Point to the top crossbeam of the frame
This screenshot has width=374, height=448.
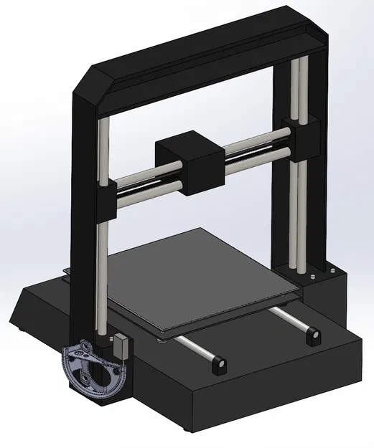tap(201, 57)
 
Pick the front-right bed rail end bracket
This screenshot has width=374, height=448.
tap(312, 335)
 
